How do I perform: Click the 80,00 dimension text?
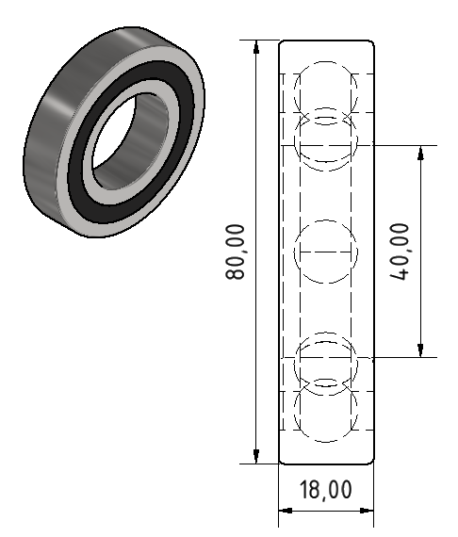coord(235,252)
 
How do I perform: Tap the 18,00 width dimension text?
coord(326,490)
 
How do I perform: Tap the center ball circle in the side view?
coord(327,252)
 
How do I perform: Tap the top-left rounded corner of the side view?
coord(283,43)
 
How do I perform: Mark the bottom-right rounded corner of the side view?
coord(371,461)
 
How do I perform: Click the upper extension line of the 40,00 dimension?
coord(396,146)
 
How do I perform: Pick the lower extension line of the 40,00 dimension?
coord(396,358)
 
